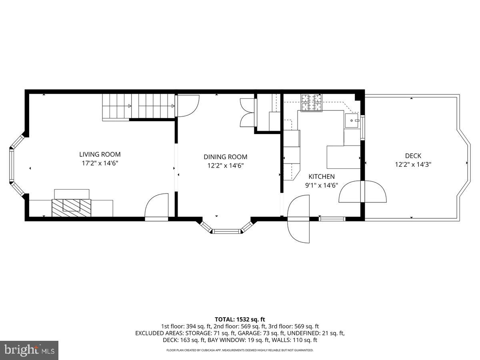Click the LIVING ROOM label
point(100,154)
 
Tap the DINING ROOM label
point(225,157)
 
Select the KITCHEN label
point(321,176)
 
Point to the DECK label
point(413,156)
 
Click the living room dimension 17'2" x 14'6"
point(100,163)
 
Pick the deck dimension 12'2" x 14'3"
point(413,164)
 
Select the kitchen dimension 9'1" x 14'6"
point(321,185)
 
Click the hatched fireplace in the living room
point(71,205)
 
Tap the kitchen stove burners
point(312,102)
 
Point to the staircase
point(138,106)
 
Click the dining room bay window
point(226,230)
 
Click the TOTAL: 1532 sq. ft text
point(240,319)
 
